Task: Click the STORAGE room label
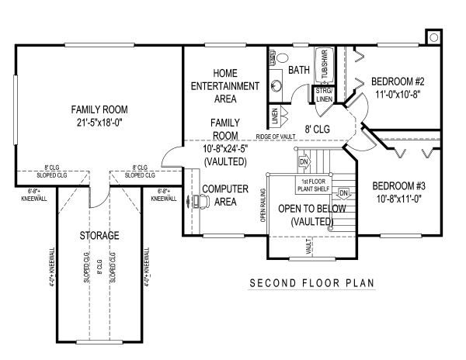pyautogui.click(x=99, y=235)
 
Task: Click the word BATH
pyautogui.click(x=299, y=71)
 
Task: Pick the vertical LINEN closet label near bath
pyautogui.click(x=274, y=116)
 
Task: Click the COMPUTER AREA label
pyautogui.click(x=225, y=196)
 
